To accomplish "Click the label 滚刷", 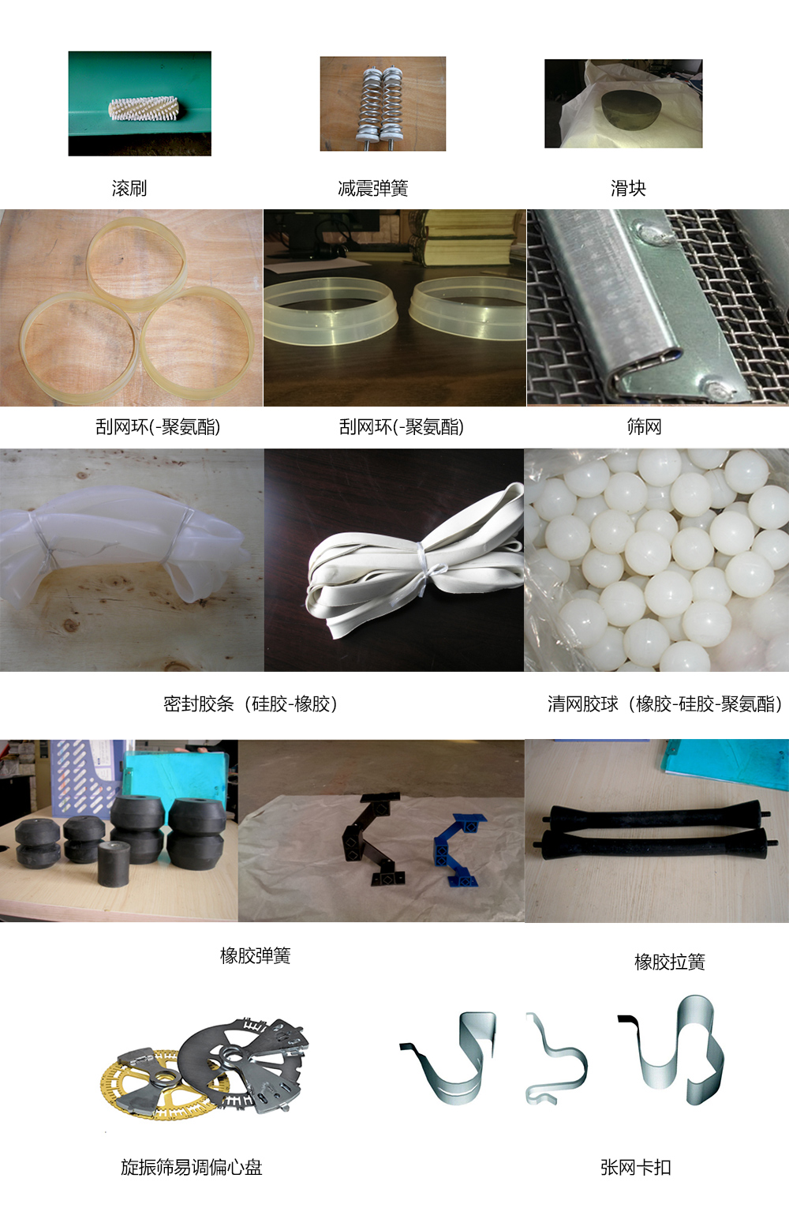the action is coord(129,188).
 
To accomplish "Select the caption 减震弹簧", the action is coord(373,188).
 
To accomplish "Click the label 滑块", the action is coord(628,188).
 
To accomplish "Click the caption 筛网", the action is coord(644,426).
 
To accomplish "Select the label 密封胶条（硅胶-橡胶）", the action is coord(251,703).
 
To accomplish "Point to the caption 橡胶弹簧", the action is coord(256,955).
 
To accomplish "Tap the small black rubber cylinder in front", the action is coord(113,864).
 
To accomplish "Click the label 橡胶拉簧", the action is coord(670,962).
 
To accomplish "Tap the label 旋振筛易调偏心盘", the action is coord(191,1168).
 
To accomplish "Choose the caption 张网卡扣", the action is coord(636,1168).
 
